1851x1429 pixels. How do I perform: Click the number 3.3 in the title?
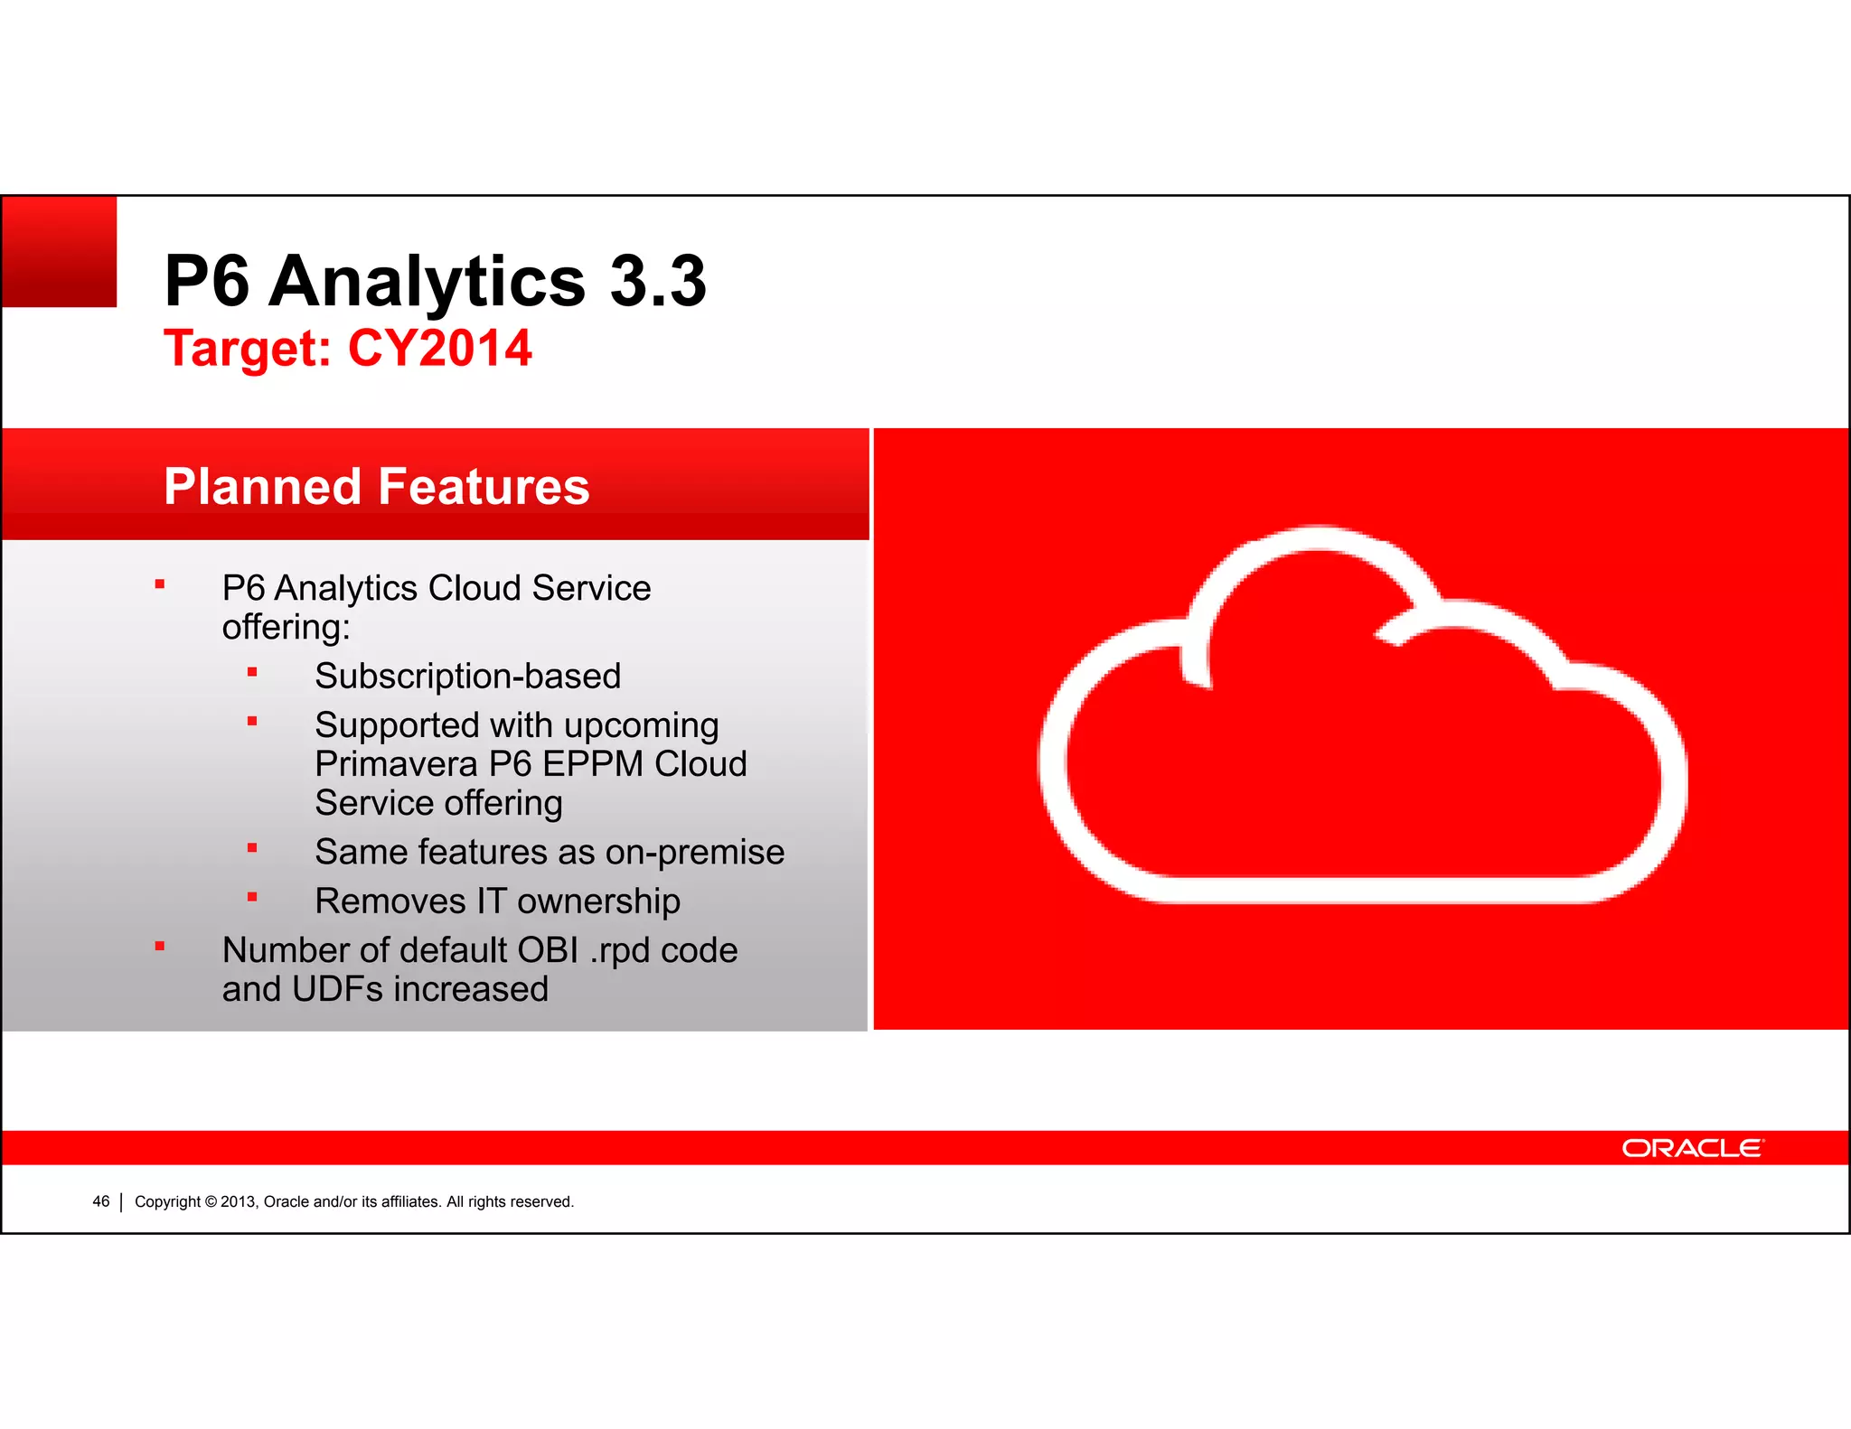click(x=657, y=281)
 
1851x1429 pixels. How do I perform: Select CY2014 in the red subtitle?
click(x=440, y=349)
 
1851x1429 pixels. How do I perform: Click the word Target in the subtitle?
click(x=247, y=349)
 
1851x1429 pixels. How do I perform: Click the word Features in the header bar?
click(x=484, y=487)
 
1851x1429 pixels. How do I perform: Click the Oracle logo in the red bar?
click(x=1691, y=1148)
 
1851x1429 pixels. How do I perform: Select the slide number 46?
click(x=100, y=1201)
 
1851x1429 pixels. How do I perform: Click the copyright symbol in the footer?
click(x=211, y=1202)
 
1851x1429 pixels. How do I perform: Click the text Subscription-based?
click(x=467, y=677)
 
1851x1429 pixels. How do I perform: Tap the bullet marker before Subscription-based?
click(x=252, y=672)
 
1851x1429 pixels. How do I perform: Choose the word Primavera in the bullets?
click(x=396, y=764)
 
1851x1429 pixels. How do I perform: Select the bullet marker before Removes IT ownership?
click(x=252, y=897)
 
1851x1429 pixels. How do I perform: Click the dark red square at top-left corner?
click(x=60, y=252)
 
